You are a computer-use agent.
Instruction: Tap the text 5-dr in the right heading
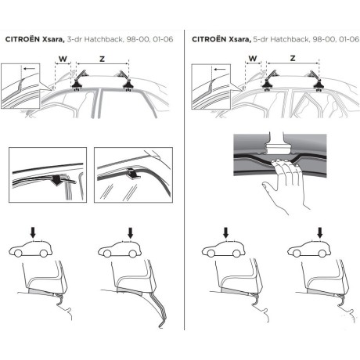249,38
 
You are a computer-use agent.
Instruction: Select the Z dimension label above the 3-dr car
103,56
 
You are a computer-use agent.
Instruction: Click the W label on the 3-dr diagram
63,56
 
